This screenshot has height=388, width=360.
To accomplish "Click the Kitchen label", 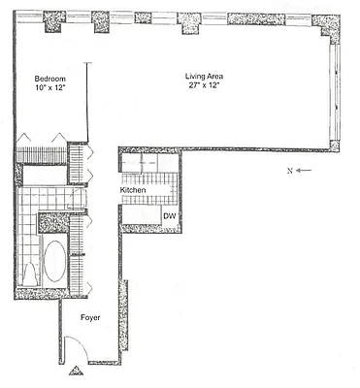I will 133,191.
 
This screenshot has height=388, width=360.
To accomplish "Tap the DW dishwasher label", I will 169,216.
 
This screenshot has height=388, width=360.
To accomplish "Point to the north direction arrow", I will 303,169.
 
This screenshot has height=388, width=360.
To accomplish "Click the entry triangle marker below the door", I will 75,371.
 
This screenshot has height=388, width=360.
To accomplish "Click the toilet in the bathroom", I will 29,275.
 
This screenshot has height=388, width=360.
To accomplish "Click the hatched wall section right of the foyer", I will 122,320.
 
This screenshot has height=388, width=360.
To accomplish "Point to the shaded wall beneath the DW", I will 149,229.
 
